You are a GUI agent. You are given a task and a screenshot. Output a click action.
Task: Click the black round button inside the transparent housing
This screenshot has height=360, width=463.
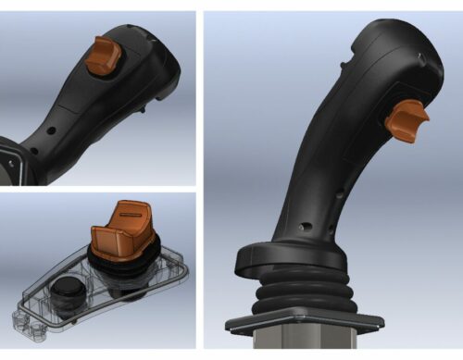click(x=68, y=295)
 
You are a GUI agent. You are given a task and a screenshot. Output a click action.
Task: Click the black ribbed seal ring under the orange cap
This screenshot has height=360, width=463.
click(x=125, y=260)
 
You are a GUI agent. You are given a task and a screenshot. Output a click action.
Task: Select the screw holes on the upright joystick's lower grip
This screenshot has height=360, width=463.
click(x=307, y=224)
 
